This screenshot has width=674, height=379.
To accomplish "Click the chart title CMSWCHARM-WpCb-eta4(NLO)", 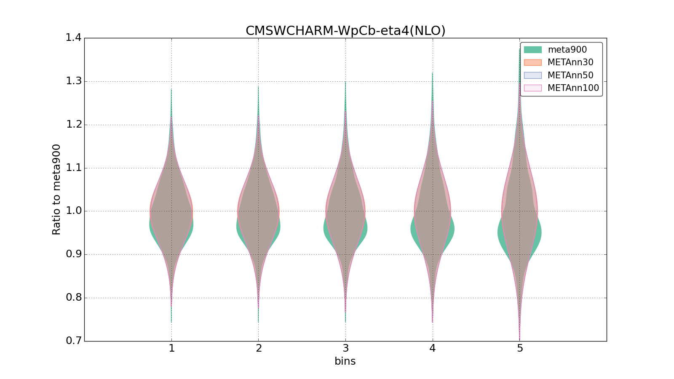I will (345, 31).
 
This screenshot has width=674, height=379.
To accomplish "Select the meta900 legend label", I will (567, 50).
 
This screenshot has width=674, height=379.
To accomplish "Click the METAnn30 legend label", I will (570, 62).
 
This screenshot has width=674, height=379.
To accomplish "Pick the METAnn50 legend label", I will (570, 75).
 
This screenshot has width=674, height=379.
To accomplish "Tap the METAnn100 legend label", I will (573, 88).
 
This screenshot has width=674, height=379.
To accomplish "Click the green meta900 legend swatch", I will (532, 50).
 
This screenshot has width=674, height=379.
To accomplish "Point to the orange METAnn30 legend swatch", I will (532, 62).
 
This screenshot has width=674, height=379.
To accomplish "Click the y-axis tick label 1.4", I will (73, 38).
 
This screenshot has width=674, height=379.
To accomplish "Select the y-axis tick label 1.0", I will (73, 211).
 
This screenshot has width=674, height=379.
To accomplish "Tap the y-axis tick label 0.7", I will (73, 341).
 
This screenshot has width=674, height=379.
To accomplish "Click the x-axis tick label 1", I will (171, 348).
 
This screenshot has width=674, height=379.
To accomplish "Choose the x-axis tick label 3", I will (345, 348).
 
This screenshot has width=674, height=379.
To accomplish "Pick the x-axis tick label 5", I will (520, 348).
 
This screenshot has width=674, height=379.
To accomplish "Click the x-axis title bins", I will (345, 361).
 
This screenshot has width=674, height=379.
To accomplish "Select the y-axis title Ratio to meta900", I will (56, 189).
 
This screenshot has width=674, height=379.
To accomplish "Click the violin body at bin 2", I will (258, 215).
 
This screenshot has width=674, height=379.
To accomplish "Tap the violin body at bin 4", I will (433, 215).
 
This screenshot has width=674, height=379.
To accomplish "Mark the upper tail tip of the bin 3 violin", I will (345, 82).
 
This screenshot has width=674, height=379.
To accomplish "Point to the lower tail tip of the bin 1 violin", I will (171, 322).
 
